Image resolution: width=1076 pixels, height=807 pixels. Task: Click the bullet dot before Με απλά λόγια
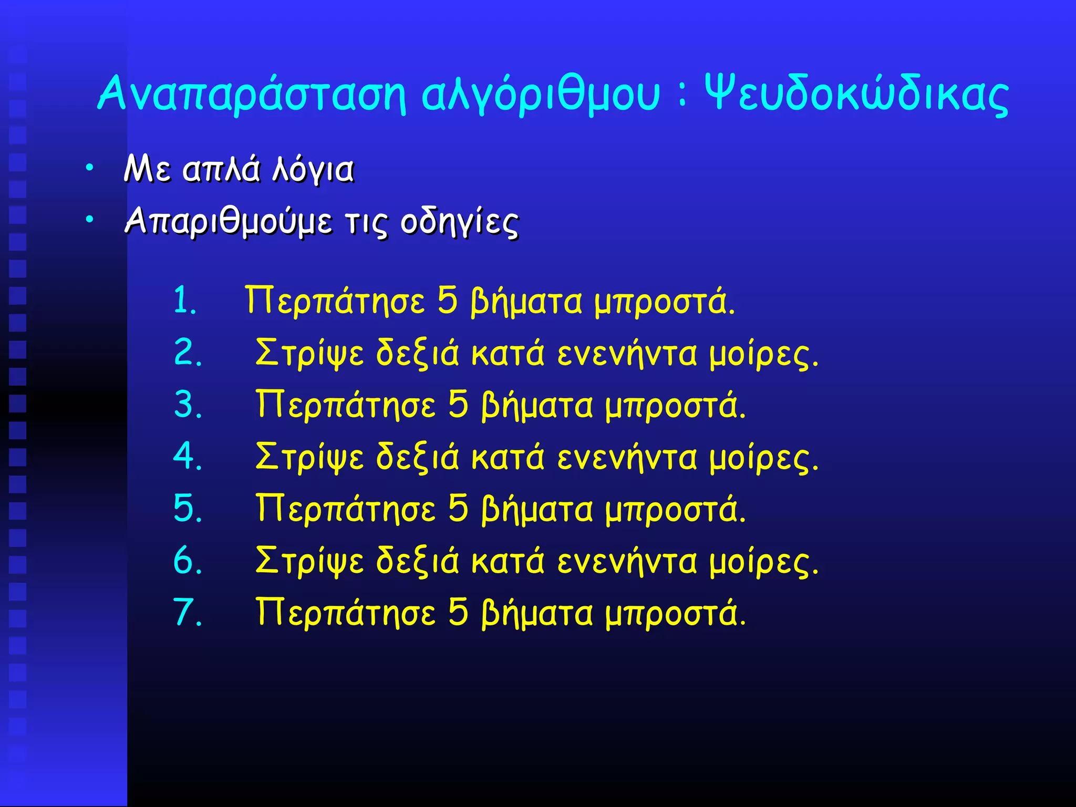(90, 168)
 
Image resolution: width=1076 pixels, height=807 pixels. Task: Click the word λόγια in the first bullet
(313, 170)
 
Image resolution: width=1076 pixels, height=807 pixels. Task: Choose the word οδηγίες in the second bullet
(460, 222)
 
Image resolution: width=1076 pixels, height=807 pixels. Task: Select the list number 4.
(188, 456)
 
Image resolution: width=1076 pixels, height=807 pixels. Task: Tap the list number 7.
(188, 613)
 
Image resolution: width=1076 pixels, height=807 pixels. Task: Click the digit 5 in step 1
(447, 301)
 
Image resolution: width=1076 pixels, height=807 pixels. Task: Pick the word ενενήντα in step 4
(627, 457)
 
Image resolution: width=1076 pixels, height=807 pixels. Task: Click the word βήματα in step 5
(537, 510)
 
